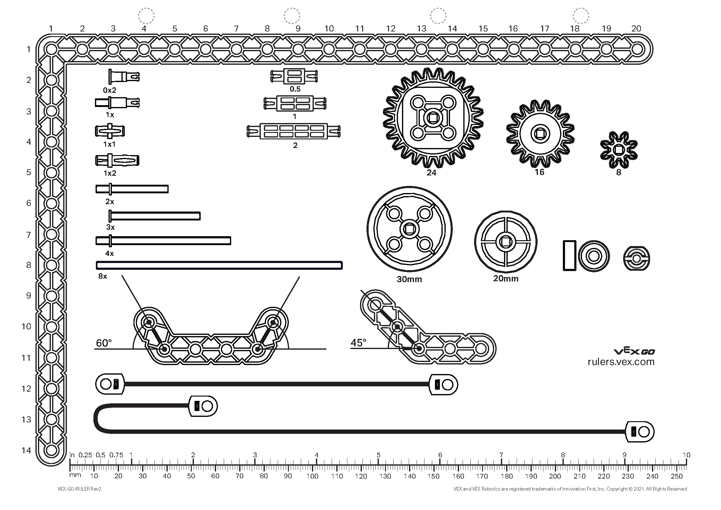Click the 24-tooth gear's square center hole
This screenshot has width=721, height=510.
[x=433, y=118]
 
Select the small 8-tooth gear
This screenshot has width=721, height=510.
[x=618, y=150]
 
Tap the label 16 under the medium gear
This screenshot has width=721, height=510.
[x=539, y=172]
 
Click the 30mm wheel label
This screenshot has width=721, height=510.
[x=409, y=279]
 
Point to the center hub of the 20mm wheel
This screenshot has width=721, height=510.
[x=505, y=242]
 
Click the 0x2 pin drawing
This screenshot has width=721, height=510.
[x=124, y=76]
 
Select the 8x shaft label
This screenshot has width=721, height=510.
[x=103, y=276]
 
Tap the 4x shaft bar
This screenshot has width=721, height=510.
[x=163, y=241]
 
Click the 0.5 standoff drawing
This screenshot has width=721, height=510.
[x=294, y=76]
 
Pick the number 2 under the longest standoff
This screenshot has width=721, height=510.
[x=295, y=146]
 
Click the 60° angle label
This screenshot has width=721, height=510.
[x=104, y=343]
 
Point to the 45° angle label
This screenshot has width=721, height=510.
[x=358, y=343]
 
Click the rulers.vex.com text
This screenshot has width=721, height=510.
[x=621, y=362]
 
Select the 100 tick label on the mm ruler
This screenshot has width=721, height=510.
[x=312, y=476]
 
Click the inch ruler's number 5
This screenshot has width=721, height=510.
[x=379, y=455]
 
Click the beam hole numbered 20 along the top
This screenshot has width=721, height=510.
[x=637, y=49]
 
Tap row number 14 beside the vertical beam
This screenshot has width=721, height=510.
[x=27, y=450]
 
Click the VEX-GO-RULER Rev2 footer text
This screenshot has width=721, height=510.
[x=79, y=489]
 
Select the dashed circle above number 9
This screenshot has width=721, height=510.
[x=292, y=16]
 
